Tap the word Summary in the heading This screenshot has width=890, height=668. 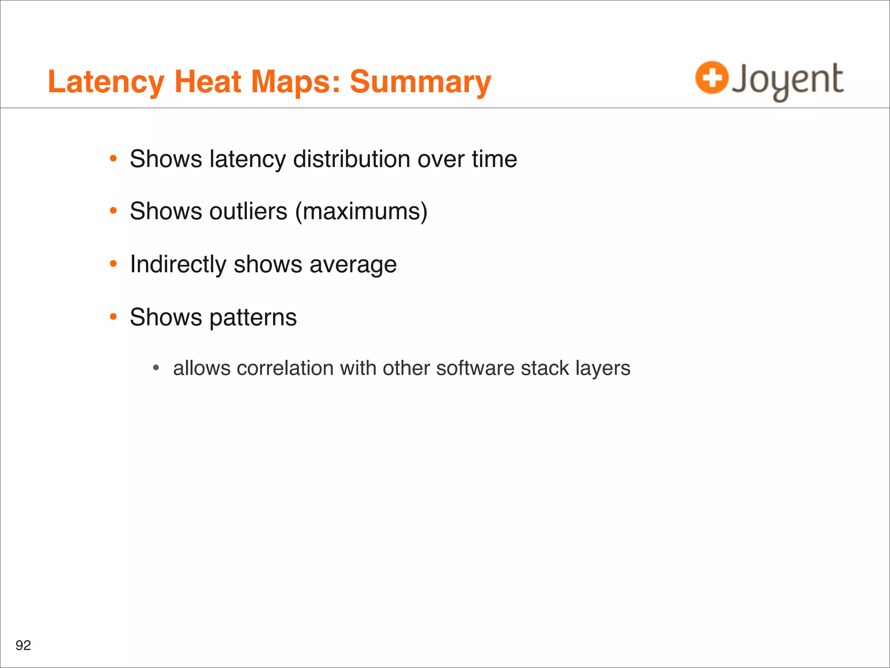click(420, 83)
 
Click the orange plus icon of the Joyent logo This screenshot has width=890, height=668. click(711, 78)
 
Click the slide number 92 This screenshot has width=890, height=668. click(23, 645)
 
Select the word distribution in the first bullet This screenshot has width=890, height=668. click(352, 159)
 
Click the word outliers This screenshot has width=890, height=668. click(248, 212)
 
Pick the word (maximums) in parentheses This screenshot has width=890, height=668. click(362, 212)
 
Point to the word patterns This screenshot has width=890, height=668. click(253, 317)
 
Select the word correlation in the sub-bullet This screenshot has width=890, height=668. click(285, 368)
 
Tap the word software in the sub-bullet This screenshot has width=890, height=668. click(475, 368)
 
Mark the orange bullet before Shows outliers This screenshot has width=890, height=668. click(113, 211)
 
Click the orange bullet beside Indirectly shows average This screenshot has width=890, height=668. click(113, 264)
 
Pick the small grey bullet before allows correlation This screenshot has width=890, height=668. click(156, 368)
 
